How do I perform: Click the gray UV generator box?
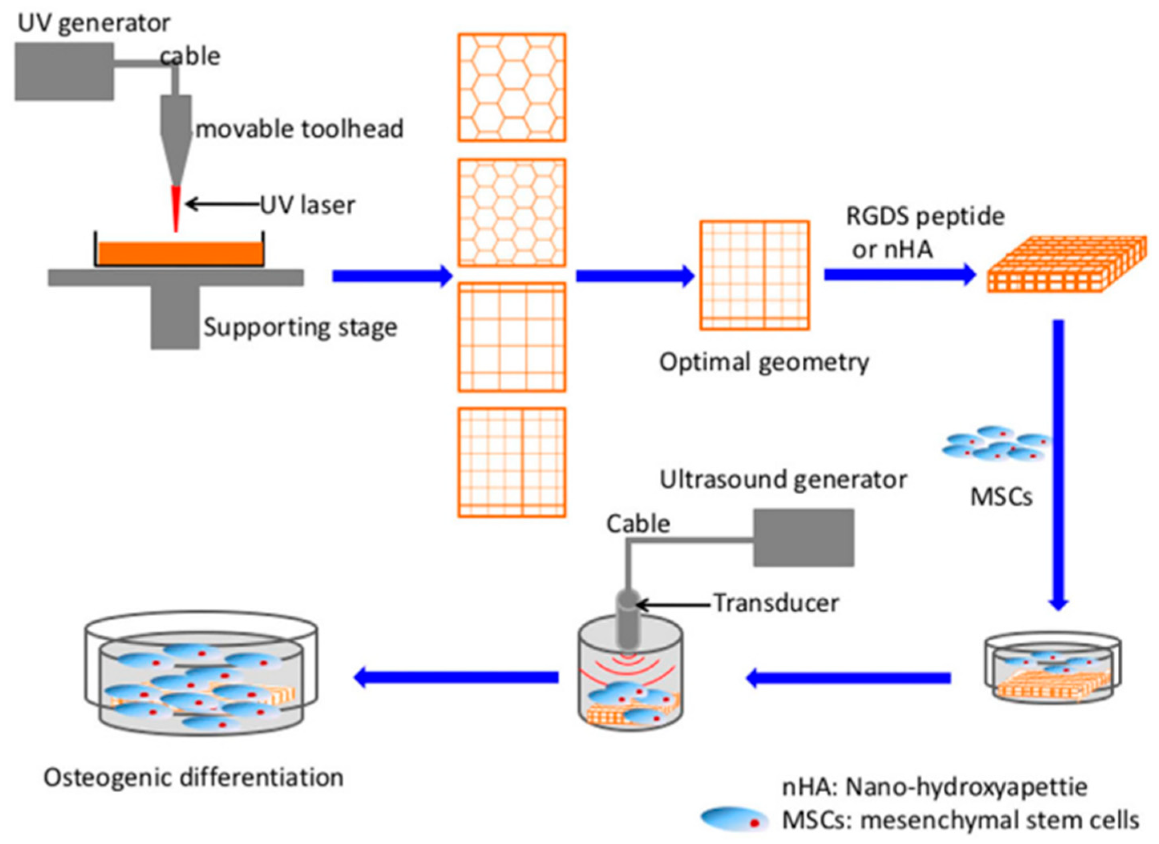(64, 71)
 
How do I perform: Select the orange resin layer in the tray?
(180, 253)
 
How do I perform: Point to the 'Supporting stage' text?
(300, 327)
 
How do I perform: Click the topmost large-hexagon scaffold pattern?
(511, 87)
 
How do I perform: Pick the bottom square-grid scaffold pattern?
(511, 463)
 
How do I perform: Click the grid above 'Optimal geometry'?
(754, 275)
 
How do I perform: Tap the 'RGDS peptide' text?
(925, 216)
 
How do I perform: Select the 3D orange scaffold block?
(1066, 264)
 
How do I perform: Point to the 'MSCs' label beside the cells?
(1001, 497)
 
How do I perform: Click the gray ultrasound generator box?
(804, 537)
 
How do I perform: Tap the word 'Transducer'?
(776, 603)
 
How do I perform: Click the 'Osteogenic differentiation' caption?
(193, 777)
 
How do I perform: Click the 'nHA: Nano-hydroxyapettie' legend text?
(935, 787)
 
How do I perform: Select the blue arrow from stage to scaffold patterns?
(392, 276)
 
